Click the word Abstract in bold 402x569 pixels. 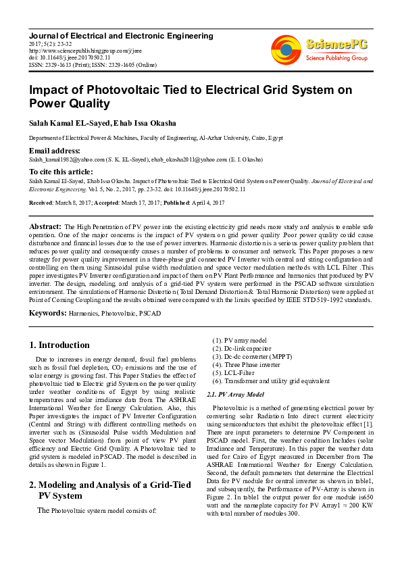click(45, 225)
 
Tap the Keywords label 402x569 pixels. click(47, 314)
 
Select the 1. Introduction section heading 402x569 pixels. click(60, 345)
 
